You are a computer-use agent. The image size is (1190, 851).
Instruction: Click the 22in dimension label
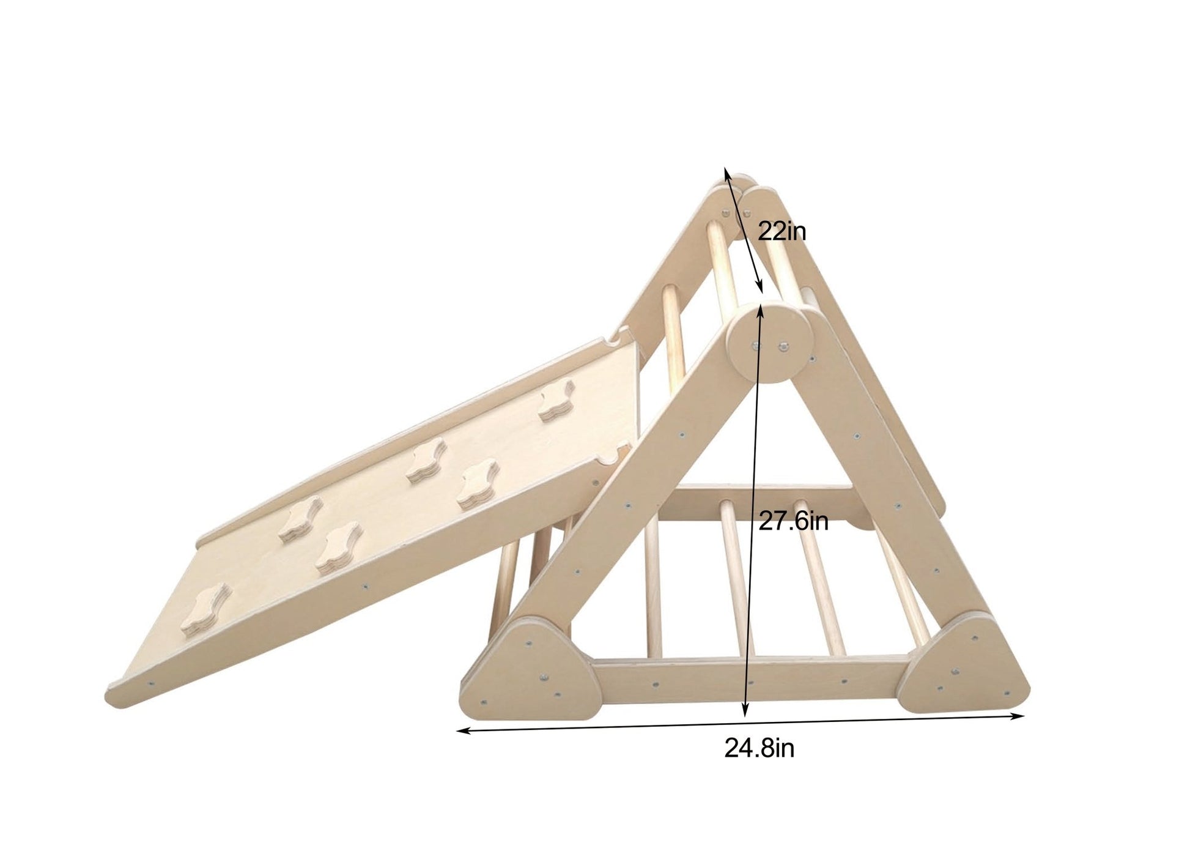click(782, 231)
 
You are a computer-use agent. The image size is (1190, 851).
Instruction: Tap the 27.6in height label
click(793, 521)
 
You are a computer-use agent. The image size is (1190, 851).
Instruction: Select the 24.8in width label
click(759, 748)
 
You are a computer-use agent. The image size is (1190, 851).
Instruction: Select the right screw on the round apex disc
click(782, 348)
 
